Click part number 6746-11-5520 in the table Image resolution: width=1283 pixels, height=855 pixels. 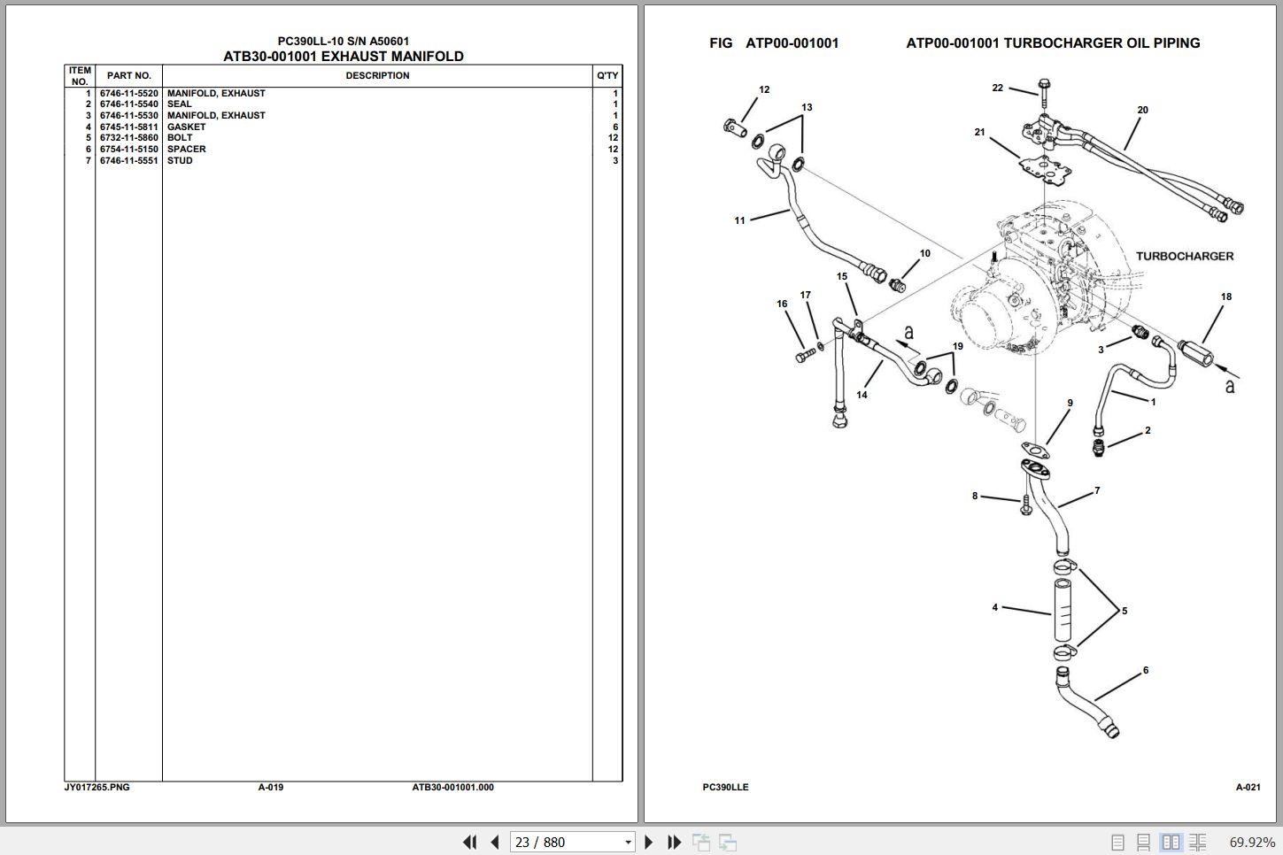tap(129, 93)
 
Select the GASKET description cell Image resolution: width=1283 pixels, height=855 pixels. tap(186, 127)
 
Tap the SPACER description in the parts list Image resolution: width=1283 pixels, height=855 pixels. tap(186, 150)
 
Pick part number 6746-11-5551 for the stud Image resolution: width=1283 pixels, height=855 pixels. tap(129, 161)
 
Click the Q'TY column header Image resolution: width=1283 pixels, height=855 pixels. tap(607, 75)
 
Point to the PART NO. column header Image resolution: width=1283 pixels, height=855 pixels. tap(129, 75)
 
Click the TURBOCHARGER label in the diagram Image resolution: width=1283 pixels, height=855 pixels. tap(1185, 257)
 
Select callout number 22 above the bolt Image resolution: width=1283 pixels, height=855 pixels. tap(997, 89)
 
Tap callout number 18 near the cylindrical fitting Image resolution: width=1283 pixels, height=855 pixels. tap(1225, 297)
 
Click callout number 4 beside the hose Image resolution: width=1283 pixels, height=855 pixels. tap(995, 607)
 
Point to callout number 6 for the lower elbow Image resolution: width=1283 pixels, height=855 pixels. tap(1146, 670)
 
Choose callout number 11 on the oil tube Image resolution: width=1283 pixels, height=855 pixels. tap(739, 220)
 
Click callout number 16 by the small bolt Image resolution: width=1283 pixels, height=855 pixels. tap(782, 304)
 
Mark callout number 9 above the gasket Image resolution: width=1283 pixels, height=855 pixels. tap(1070, 404)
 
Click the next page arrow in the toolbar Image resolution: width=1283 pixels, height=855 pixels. tap(648, 842)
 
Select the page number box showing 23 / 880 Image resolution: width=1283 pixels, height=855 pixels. tap(572, 842)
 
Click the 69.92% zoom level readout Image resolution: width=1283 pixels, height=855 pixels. tap(1252, 843)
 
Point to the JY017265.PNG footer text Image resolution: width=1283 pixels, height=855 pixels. tap(97, 788)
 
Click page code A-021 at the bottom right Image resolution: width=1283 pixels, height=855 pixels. tap(1248, 788)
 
